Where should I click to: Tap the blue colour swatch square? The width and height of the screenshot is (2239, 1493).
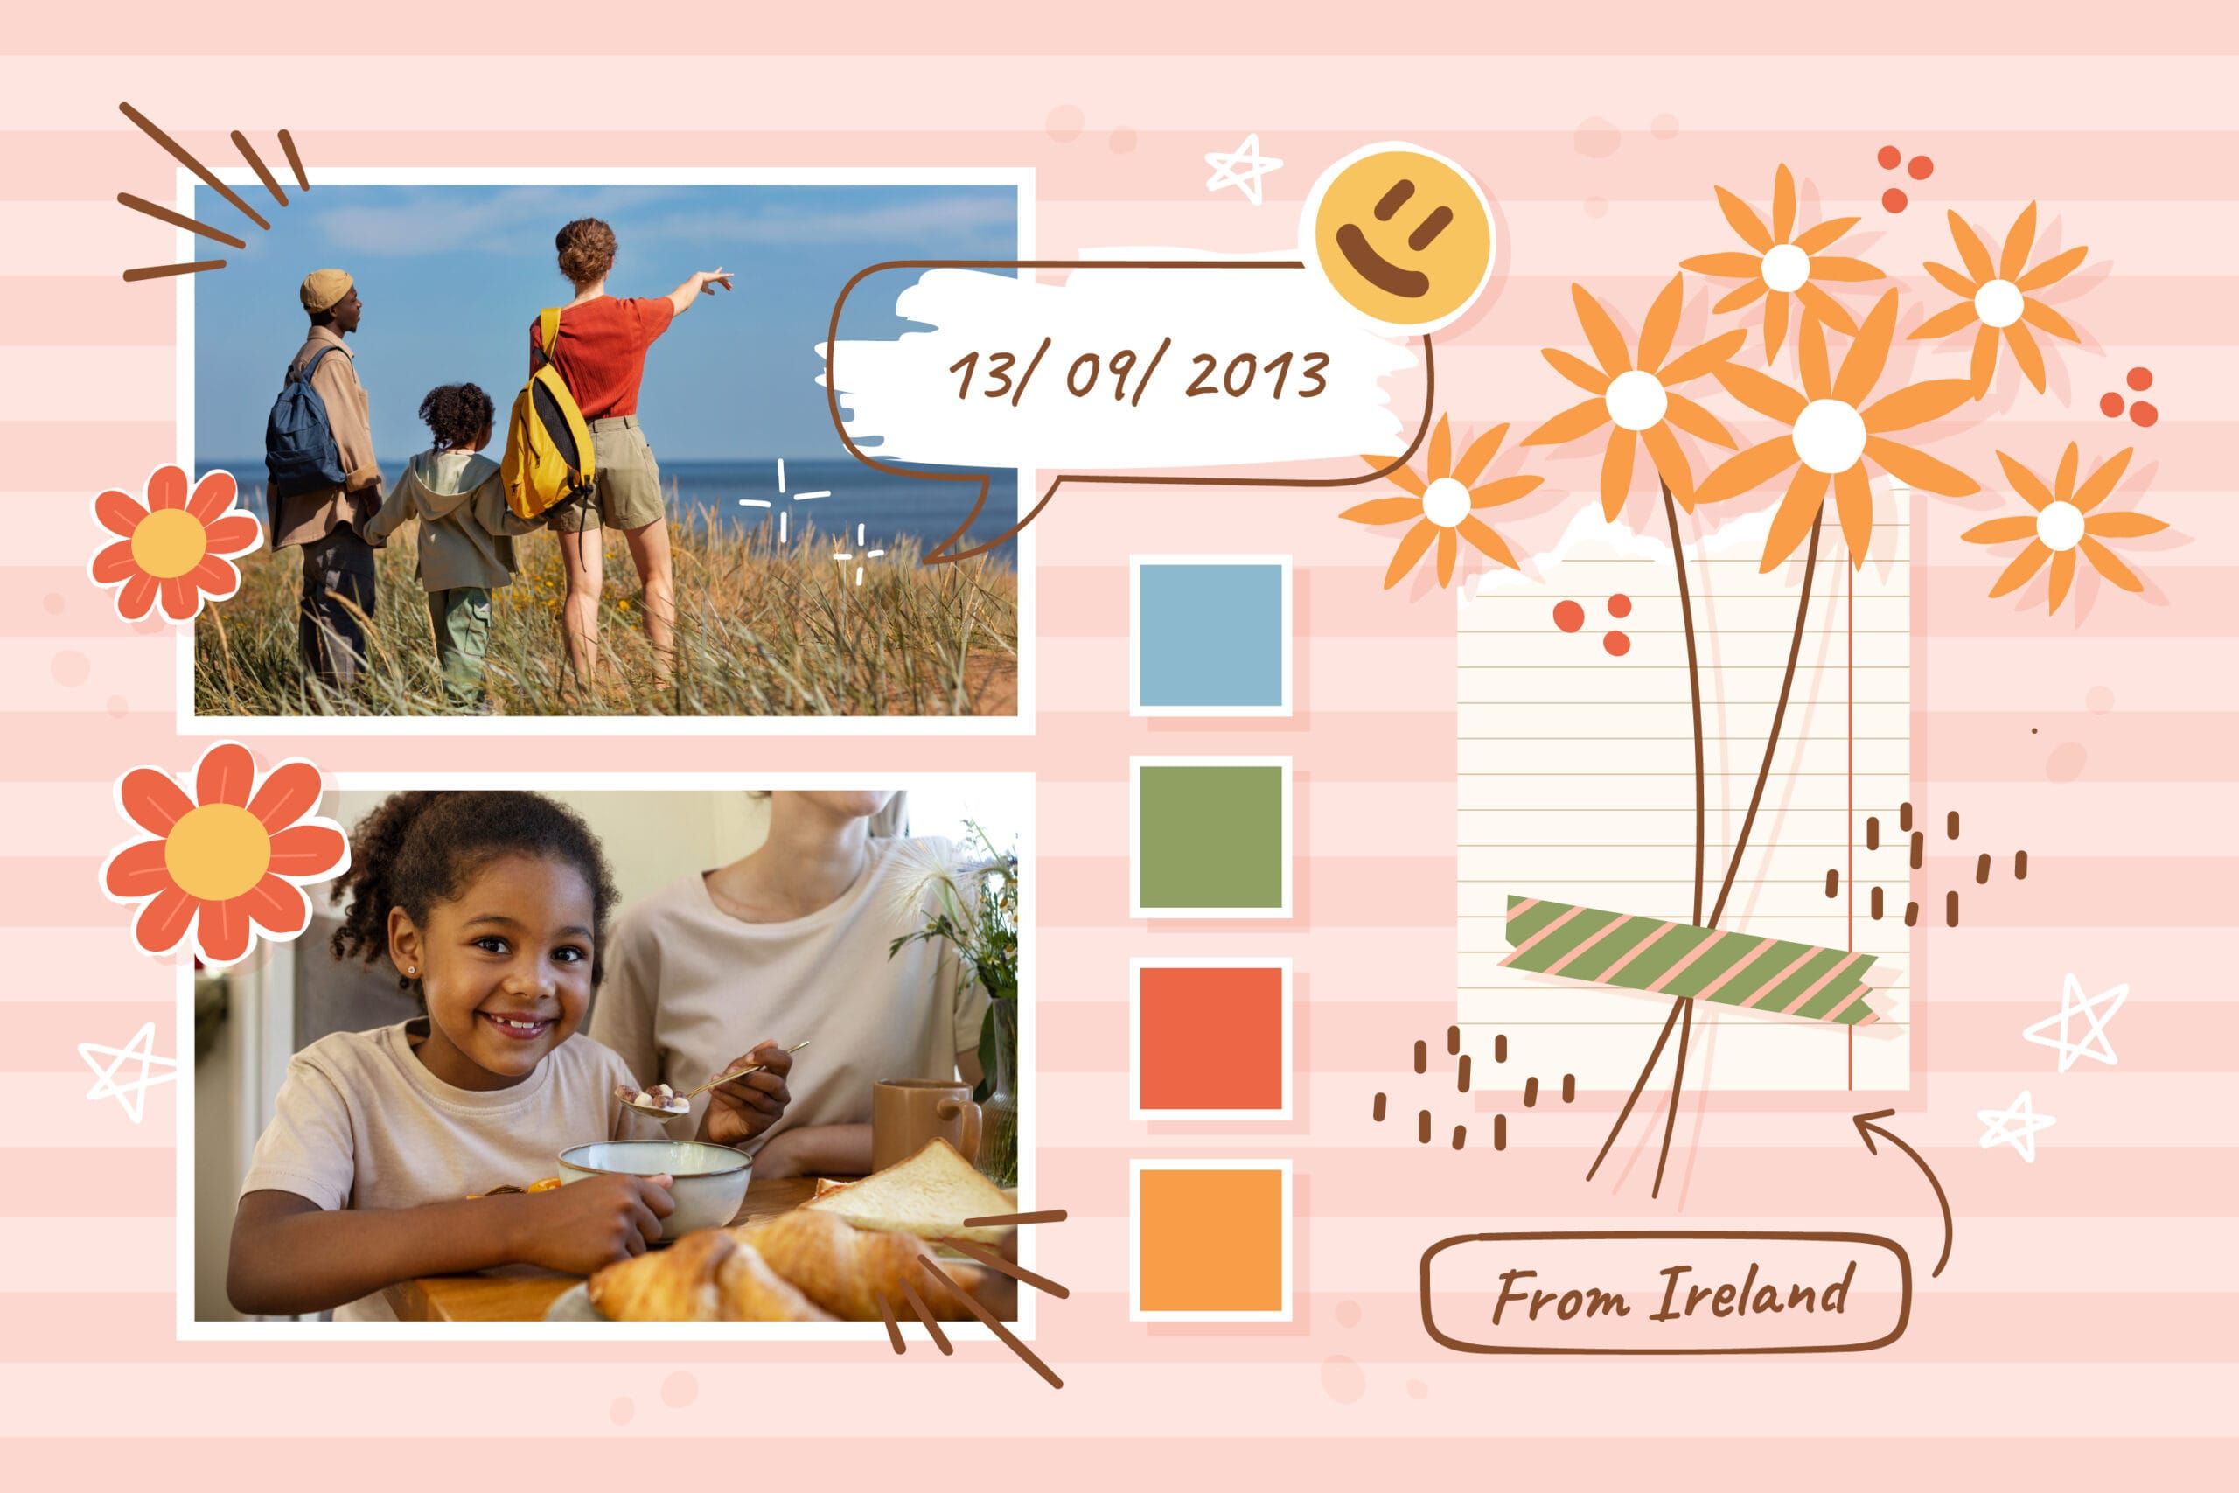click(x=1210, y=635)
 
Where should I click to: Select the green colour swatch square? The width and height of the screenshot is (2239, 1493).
click(x=1210, y=837)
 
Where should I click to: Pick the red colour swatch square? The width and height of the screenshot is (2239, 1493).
click(x=1210, y=1039)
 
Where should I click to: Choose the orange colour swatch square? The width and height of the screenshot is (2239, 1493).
click(x=1210, y=1239)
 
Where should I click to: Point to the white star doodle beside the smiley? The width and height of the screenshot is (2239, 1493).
click(x=1242, y=168)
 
